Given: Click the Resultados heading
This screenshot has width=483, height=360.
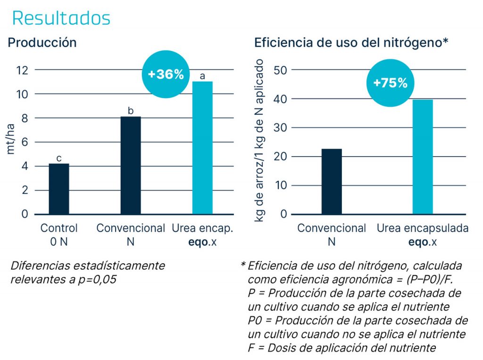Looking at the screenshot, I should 61,18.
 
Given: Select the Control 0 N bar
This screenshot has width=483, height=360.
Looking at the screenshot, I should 59,189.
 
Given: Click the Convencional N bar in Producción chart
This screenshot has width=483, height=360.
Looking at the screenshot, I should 131,165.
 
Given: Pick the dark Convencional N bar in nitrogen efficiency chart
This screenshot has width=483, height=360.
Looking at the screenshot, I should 332,182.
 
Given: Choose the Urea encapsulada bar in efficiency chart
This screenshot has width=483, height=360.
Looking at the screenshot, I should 423,157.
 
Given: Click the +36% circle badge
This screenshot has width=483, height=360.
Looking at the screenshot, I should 165,75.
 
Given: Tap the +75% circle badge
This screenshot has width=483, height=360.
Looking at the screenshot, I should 390,83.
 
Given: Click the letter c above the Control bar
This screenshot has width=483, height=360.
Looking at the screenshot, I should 59,159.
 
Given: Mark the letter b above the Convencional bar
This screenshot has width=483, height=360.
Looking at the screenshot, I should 131,111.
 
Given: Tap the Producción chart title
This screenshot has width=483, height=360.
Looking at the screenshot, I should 42,42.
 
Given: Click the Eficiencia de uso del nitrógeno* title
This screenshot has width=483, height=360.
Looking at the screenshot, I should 351,42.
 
